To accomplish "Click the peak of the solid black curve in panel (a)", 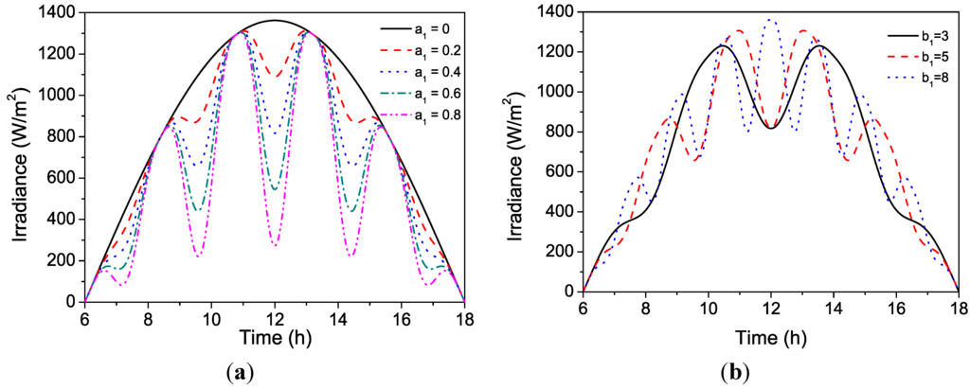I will click(x=275, y=20).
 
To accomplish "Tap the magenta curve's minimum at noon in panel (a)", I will click(x=275, y=245).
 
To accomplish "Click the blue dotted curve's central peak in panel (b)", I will click(x=770, y=20).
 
